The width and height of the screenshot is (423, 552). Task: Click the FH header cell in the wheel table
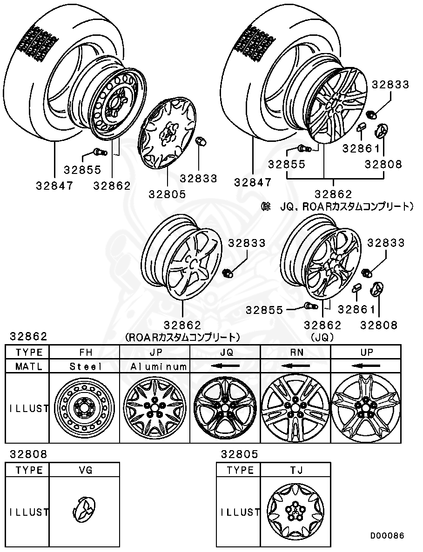(85, 352)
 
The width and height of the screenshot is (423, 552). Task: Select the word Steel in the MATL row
(85, 366)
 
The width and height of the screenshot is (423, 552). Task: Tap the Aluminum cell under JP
(155, 366)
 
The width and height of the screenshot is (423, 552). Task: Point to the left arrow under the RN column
(295, 366)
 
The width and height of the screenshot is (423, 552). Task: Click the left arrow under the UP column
(366, 366)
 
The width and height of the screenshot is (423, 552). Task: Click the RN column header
(295, 352)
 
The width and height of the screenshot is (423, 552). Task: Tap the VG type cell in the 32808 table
(85, 470)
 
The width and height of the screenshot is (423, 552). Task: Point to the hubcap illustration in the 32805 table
(295, 512)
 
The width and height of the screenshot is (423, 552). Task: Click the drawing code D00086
(387, 536)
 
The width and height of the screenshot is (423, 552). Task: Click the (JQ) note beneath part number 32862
(322, 336)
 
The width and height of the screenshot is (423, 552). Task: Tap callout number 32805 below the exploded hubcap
(168, 194)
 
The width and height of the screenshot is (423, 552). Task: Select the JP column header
(155, 352)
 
